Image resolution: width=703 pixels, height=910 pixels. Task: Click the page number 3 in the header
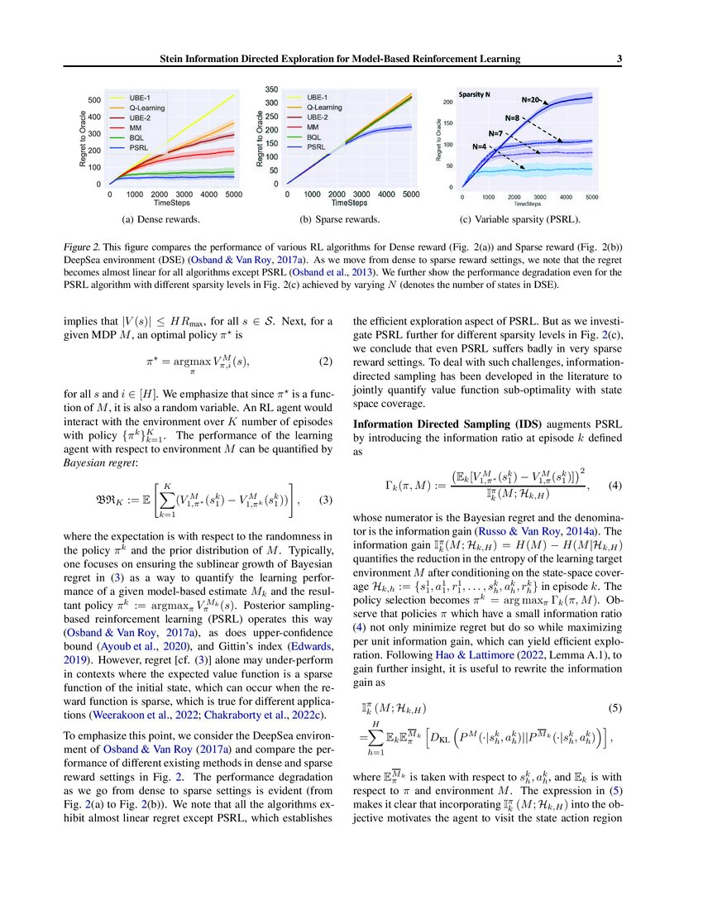click(x=619, y=59)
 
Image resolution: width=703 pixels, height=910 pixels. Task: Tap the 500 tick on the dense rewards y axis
click(x=96, y=100)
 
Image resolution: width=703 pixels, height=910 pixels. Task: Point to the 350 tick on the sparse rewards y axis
click(x=270, y=89)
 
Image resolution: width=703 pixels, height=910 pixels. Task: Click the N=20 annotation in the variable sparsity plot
click(x=532, y=100)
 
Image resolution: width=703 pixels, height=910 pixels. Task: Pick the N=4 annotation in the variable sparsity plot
click(x=480, y=146)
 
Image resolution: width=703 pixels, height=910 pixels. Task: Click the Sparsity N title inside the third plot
click(x=475, y=95)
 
